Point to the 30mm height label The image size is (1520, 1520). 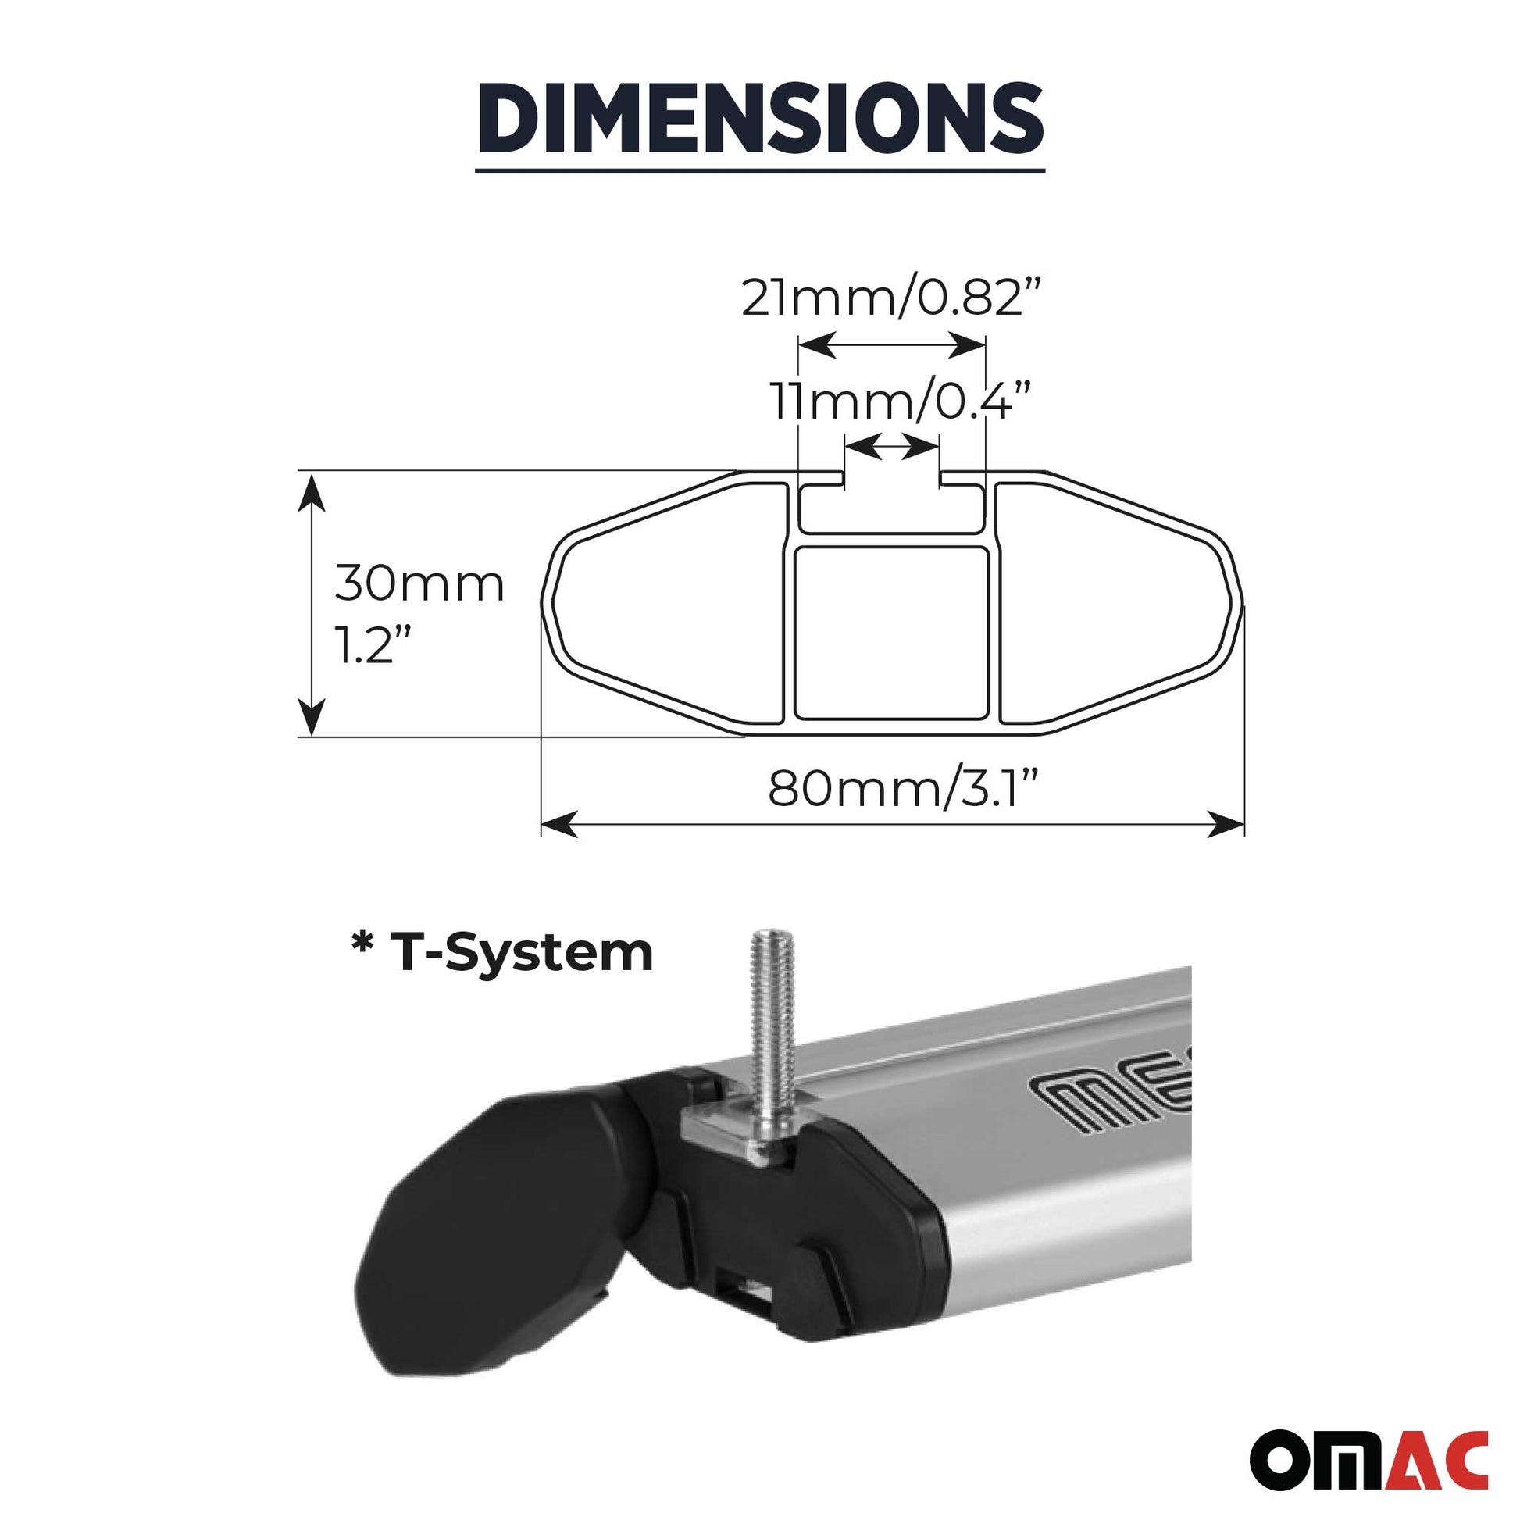point(419,584)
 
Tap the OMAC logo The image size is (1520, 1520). point(1370,1454)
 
